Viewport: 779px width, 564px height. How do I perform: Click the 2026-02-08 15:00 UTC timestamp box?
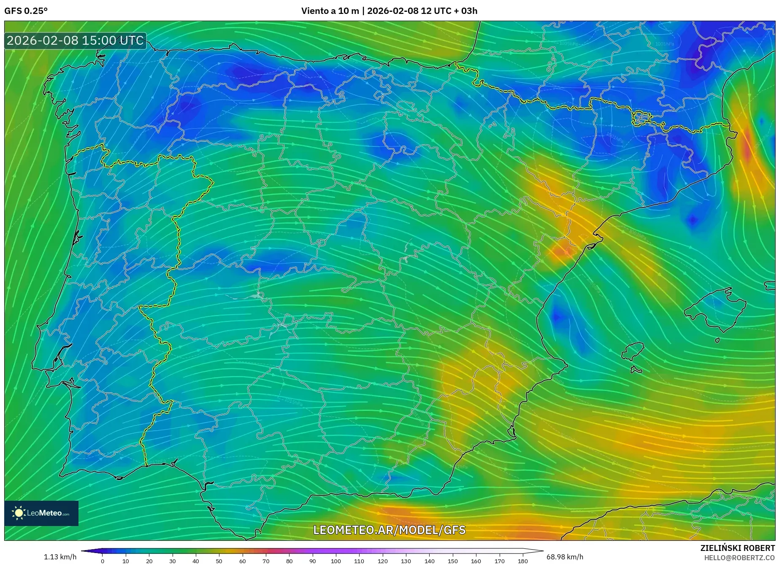coord(75,40)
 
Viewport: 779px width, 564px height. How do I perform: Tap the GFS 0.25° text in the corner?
coord(26,11)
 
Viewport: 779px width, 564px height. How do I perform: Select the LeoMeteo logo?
coord(41,513)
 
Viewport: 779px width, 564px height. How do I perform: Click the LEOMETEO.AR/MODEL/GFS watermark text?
coord(389,530)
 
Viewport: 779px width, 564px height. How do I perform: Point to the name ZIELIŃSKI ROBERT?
coord(737,548)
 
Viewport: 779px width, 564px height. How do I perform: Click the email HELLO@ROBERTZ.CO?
coord(739,558)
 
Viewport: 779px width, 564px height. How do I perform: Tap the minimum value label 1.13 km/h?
coord(60,557)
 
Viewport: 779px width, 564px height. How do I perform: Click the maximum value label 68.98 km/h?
coord(565,557)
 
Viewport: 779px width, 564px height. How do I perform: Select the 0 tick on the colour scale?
coord(103,561)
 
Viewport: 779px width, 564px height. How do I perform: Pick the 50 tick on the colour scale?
coord(219,561)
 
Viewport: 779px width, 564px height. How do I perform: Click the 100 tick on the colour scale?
coord(336,561)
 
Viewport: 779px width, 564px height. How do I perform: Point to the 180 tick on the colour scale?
coord(522,561)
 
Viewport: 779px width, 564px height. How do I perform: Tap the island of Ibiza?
coord(633,351)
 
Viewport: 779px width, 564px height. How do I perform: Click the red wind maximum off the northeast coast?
coord(747,146)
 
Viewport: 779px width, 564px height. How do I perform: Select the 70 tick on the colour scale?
coord(266,561)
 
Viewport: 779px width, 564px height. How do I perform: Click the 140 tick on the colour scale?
coord(429,561)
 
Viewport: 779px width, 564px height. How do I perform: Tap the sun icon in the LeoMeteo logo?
coord(19,513)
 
